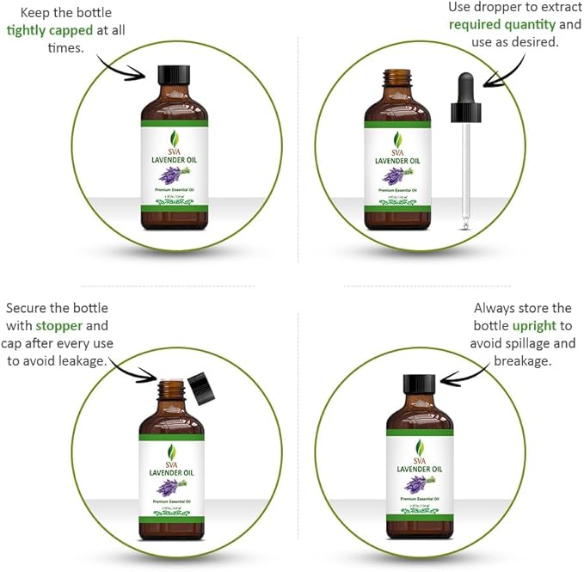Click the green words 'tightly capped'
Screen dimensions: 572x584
click(51, 30)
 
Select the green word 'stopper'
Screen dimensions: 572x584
click(59, 326)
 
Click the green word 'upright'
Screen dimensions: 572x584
click(534, 326)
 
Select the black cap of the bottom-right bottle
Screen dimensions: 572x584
click(419, 384)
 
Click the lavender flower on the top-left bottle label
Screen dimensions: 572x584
click(173, 175)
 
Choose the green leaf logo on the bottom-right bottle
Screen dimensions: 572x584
click(420, 448)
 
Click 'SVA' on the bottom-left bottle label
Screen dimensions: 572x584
click(172, 463)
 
